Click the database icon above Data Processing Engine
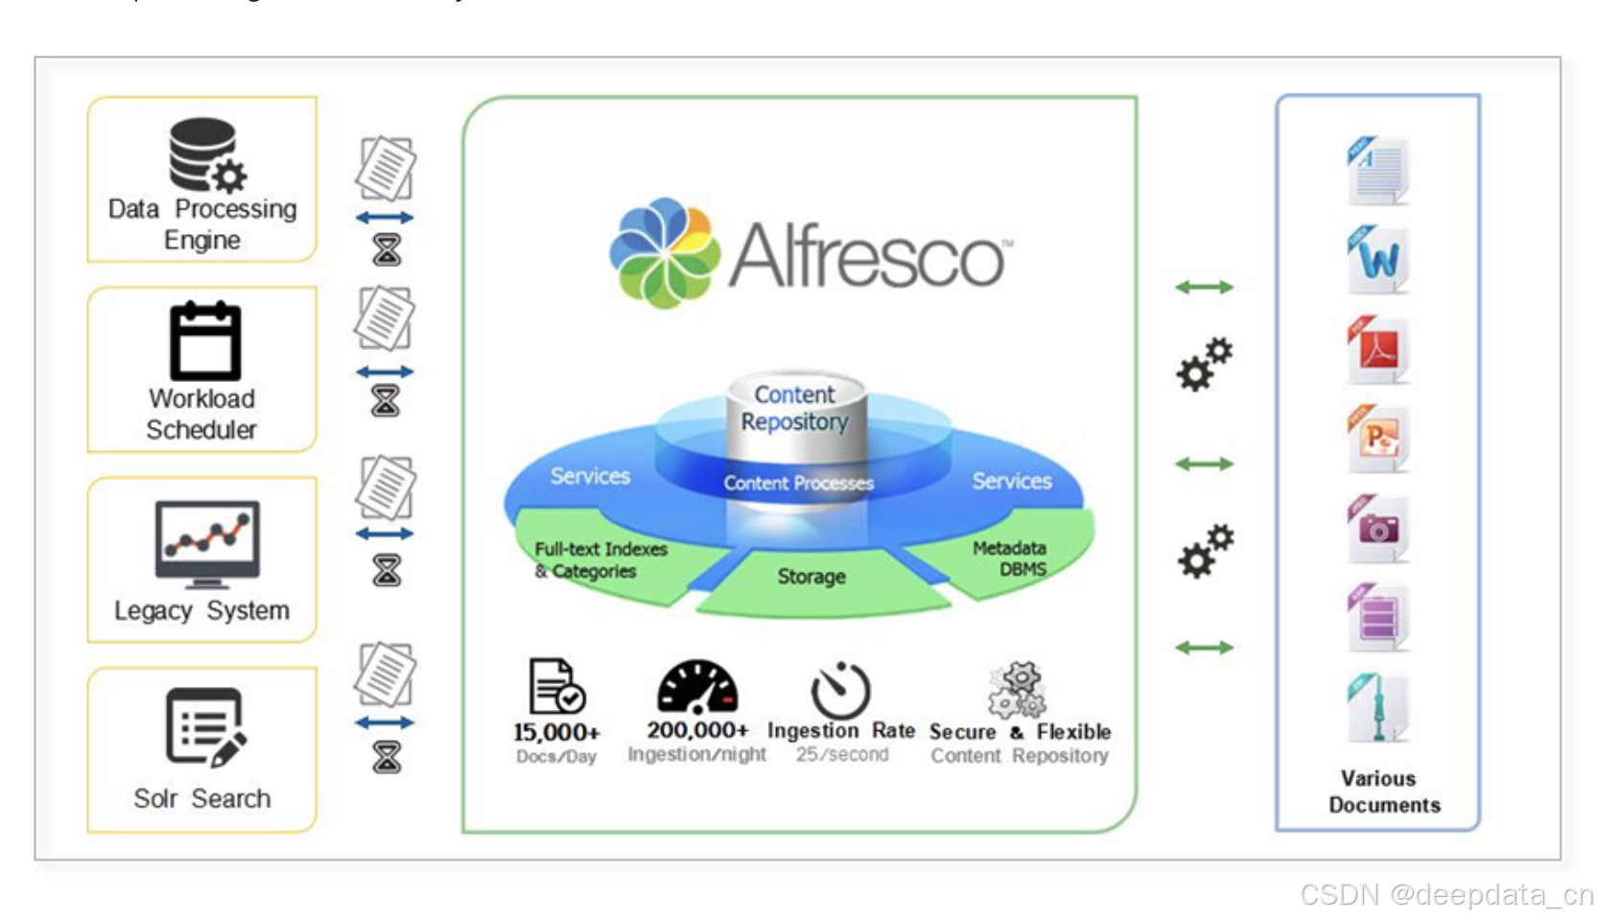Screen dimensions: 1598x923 coord(205,154)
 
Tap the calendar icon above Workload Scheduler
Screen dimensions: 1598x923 coord(204,342)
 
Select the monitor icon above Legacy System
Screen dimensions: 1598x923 coord(206,543)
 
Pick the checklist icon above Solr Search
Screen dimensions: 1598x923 coord(205,726)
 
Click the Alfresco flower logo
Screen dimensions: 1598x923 coord(664,253)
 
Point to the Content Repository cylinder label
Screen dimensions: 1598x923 coord(795,408)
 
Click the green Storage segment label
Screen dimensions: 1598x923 coord(811,577)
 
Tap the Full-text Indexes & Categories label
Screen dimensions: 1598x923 coord(599,560)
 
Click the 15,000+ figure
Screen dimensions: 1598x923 coord(556,732)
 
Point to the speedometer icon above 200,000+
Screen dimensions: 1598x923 coord(697,687)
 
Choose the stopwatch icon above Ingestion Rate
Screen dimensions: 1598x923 coord(840,689)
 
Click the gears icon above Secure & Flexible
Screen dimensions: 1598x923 coord(1019,689)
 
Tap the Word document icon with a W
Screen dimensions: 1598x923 coord(1377,259)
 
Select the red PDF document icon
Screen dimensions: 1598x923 coord(1377,349)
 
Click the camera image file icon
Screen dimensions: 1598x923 coord(1377,528)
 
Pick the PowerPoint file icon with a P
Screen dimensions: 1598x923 coord(1377,438)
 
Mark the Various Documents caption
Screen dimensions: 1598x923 coord(1383,792)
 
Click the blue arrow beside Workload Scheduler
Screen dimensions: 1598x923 coord(385,372)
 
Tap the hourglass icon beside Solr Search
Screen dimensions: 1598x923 coord(387,758)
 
